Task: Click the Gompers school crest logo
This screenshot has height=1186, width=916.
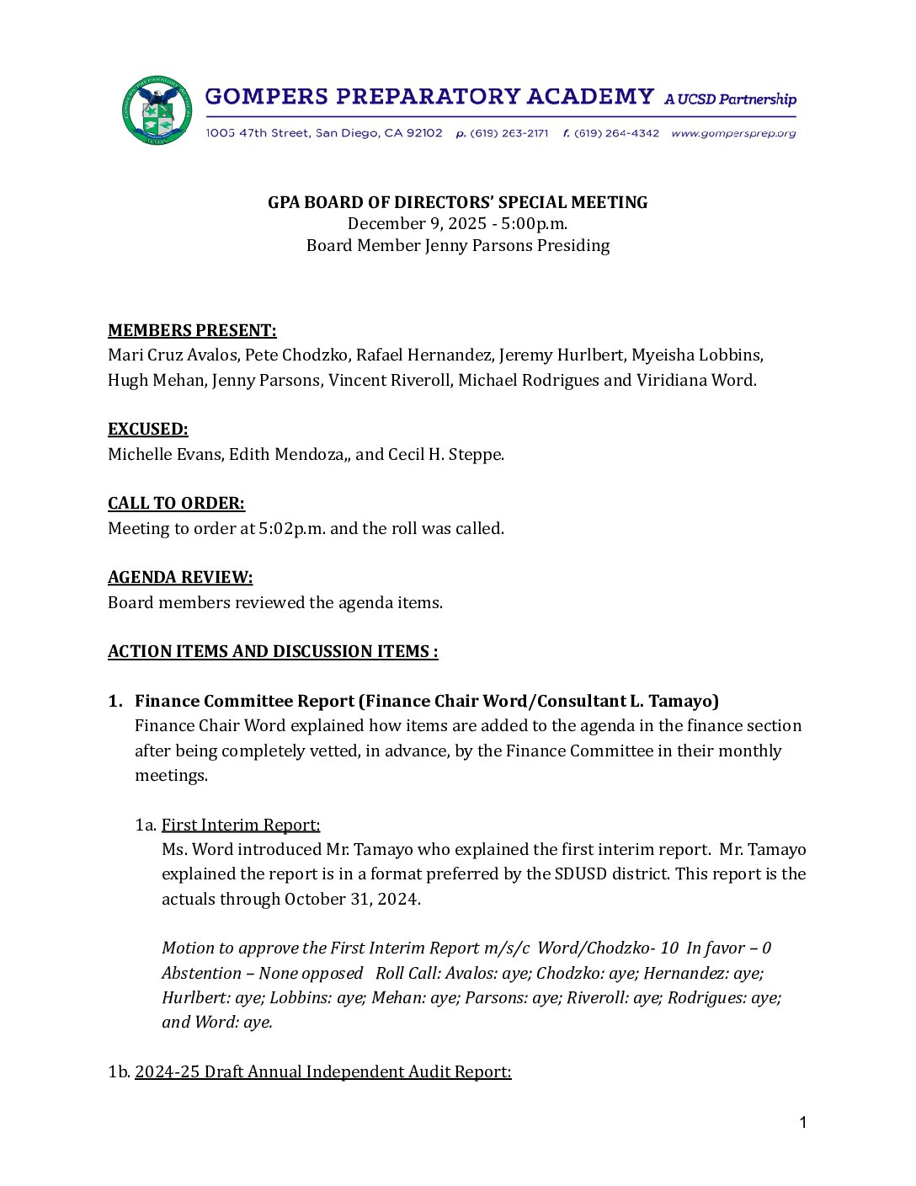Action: (x=157, y=110)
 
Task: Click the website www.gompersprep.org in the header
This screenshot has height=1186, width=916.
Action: (x=733, y=133)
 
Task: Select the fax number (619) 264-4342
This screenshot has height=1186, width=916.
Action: (x=616, y=133)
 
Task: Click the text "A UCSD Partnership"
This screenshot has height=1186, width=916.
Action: (x=730, y=99)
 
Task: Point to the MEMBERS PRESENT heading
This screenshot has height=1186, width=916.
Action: (x=192, y=330)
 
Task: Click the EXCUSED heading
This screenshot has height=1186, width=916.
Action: (x=148, y=429)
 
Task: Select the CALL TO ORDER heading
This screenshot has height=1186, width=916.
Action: (x=176, y=503)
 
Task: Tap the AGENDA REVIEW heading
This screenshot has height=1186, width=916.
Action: (x=180, y=577)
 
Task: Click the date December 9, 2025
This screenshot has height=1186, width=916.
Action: (x=417, y=223)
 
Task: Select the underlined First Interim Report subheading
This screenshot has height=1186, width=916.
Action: (x=241, y=825)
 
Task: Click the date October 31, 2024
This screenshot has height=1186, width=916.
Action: (x=351, y=899)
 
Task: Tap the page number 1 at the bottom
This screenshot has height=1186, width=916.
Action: (x=803, y=1122)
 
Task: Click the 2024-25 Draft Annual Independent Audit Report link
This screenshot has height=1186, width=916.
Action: (x=322, y=1071)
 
